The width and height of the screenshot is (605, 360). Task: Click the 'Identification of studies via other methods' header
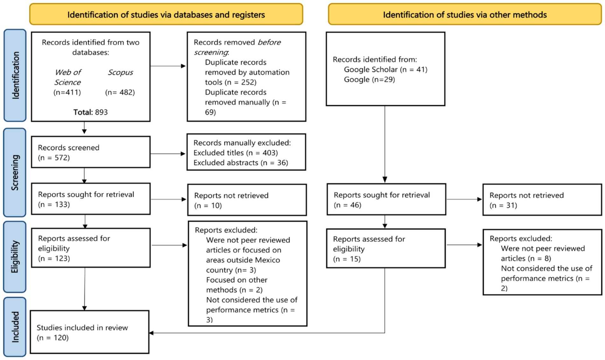coord(465,14)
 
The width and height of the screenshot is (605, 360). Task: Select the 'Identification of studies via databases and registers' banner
coord(166,14)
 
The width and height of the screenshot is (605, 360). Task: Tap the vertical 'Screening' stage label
coord(15,172)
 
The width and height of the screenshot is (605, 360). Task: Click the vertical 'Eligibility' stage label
coord(15,257)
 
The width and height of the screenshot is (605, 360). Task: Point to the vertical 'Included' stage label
coord(15,327)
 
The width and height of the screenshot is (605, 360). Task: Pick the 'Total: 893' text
coord(91,112)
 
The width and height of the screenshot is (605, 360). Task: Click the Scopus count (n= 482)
coord(120,92)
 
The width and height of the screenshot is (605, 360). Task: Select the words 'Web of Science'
coord(67,77)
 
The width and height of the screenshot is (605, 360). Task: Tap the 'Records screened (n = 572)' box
coord(91,152)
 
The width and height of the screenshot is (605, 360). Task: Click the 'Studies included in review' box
coord(90,332)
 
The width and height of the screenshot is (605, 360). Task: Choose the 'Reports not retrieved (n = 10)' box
coord(247,200)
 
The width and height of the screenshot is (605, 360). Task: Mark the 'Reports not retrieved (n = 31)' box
coord(542,200)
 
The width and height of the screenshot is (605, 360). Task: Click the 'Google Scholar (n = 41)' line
coord(386,69)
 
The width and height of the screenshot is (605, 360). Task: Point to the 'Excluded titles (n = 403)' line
coord(236,153)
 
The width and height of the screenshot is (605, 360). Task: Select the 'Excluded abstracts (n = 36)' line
coord(241,163)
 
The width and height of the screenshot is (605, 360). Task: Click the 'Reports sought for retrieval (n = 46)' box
coord(386,199)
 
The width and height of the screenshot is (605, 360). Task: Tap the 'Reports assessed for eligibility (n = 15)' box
coord(386,248)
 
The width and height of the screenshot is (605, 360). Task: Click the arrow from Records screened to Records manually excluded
coord(168,154)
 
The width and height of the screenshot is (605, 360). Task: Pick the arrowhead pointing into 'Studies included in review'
coord(151,333)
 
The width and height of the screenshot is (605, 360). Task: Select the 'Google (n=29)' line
coord(369,80)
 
